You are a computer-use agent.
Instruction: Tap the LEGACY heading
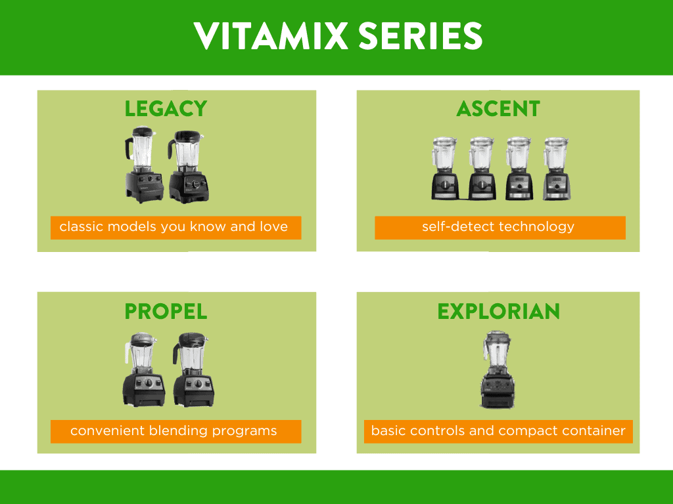tap(166, 109)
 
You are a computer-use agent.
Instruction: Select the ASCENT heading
tap(498, 109)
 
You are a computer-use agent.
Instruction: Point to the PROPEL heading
tap(166, 312)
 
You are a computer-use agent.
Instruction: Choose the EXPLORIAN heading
tap(499, 312)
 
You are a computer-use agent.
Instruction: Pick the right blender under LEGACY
tap(189, 167)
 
